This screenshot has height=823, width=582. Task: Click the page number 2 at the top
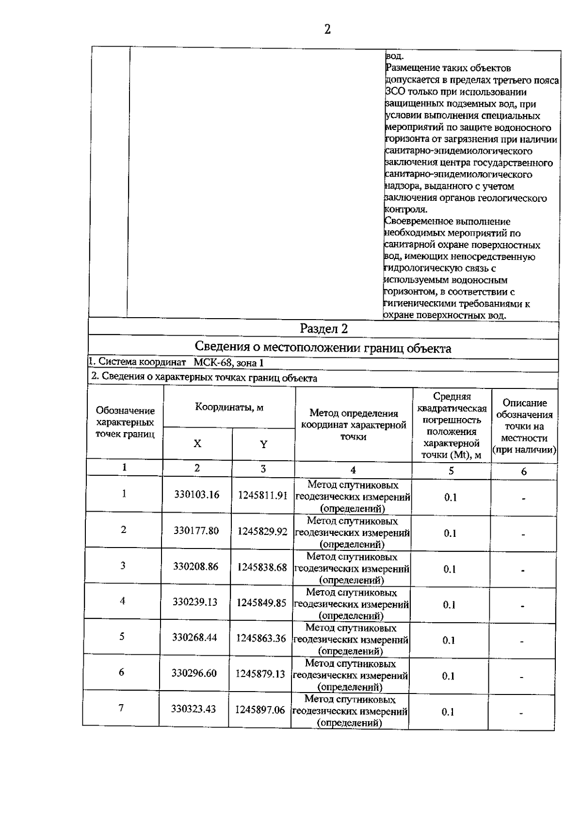click(x=327, y=30)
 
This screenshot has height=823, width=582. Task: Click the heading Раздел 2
click(x=323, y=329)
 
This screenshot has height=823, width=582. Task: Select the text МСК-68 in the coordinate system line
click(x=209, y=362)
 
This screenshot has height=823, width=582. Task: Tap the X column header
click(x=197, y=444)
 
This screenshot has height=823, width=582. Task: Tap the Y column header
click(x=263, y=445)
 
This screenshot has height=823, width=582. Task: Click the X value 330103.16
click(x=197, y=495)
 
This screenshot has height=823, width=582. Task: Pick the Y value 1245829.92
click(x=262, y=532)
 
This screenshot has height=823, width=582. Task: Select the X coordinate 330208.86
click(x=196, y=566)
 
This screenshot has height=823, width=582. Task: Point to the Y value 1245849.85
click(x=261, y=603)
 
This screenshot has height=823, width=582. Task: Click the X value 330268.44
click(x=194, y=638)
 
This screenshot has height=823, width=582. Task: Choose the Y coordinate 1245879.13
click(x=260, y=674)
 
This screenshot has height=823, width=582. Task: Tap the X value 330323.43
click(x=193, y=709)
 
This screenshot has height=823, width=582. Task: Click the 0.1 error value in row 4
click(x=449, y=605)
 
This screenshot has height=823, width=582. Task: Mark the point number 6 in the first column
click(x=121, y=672)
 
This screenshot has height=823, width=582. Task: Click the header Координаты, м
click(x=229, y=407)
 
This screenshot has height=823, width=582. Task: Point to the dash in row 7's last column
click(x=521, y=713)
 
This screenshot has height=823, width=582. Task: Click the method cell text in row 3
click(x=352, y=568)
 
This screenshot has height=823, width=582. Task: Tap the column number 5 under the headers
click(x=451, y=470)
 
